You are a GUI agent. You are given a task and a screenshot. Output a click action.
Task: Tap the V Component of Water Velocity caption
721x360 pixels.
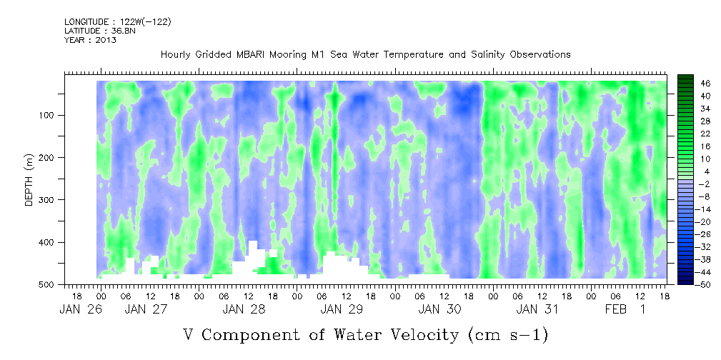click(365, 334)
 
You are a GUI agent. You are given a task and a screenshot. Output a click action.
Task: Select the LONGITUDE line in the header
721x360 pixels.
click(118, 22)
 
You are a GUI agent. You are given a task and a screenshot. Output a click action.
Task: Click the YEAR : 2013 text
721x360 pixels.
click(90, 40)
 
